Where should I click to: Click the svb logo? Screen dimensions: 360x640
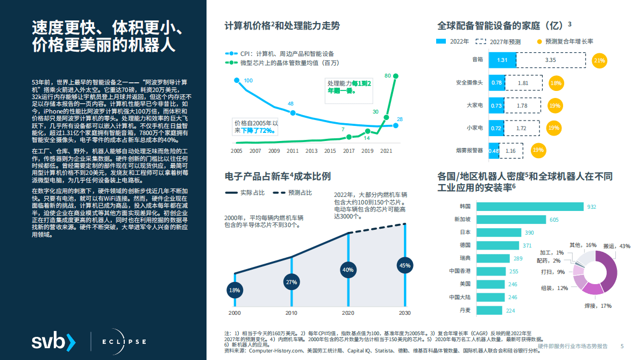point(53,342)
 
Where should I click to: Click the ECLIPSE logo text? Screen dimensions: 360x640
point(123,342)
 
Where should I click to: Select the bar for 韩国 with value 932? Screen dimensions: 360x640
point(536,207)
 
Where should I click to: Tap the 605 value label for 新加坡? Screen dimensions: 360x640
point(553,220)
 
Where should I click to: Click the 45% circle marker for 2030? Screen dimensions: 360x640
point(404,265)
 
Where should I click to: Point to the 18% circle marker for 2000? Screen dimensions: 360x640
point(234,291)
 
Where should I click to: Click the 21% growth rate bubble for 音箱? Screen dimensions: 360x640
point(599,60)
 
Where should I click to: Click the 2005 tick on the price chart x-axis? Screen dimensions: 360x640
point(236,151)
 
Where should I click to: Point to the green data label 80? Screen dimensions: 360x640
point(387,75)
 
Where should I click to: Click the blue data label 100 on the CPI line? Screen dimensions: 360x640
point(248,81)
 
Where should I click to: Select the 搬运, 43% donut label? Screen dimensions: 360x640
point(616,246)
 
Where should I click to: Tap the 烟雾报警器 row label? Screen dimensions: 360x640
point(470,151)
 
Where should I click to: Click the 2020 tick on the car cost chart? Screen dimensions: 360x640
point(348,313)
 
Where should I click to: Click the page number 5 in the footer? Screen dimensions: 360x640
point(622,346)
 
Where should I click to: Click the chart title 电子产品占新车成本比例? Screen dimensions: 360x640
point(278,176)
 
